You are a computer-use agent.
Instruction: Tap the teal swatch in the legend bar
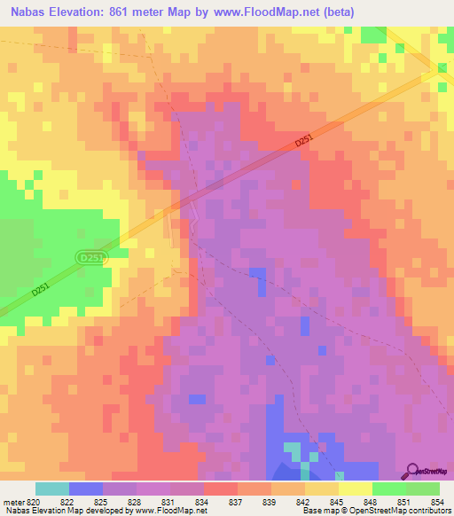point(52,489)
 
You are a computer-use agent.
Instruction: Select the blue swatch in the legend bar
point(86,489)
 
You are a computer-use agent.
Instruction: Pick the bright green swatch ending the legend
point(423,489)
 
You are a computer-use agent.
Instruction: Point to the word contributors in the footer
point(427,511)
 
